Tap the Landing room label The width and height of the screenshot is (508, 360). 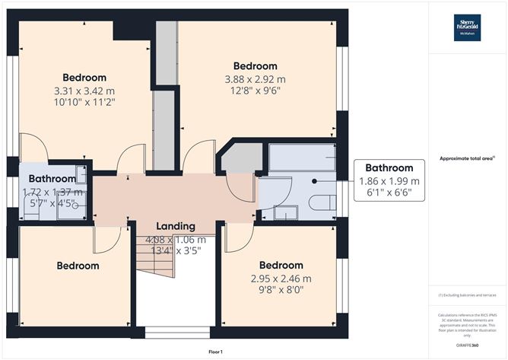pyautogui.click(x=176, y=226)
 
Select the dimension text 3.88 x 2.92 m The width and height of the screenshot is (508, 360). pyautogui.click(x=255, y=80)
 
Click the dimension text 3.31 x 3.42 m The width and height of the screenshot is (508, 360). pyautogui.click(x=84, y=91)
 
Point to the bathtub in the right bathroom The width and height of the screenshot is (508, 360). pyautogui.click(x=301, y=158)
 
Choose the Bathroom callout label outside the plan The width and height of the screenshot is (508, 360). pyautogui.click(x=389, y=168)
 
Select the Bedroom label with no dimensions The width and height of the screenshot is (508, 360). pyautogui.click(x=78, y=266)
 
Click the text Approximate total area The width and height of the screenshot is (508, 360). pyautogui.click(x=467, y=158)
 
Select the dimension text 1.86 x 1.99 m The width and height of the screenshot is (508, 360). pyautogui.click(x=389, y=181)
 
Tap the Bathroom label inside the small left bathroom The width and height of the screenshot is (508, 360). pyautogui.click(x=47, y=180)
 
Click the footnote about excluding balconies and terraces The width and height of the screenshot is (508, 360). pyautogui.click(x=467, y=295)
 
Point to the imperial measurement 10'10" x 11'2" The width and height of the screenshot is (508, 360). pyautogui.click(x=84, y=104)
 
